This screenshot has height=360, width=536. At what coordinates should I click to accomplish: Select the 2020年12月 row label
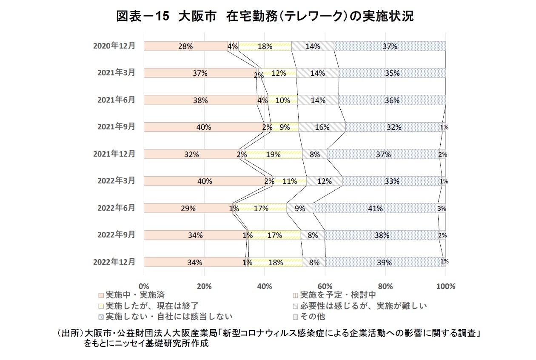pyautogui.click(x=114, y=46)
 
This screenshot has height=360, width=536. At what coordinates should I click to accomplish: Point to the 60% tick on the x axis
pyautogui.click(x=325, y=286)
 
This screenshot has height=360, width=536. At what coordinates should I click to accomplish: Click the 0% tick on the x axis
pyautogui.click(x=144, y=286)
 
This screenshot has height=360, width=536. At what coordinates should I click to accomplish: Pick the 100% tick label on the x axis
pyautogui.click(x=445, y=286)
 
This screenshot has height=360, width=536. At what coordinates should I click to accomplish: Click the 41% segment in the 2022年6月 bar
pyautogui.click(x=376, y=208)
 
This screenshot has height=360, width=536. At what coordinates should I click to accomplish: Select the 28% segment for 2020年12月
pyautogui.click(x=185, y=46)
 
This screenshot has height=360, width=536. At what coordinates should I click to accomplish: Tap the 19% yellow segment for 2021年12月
pyautogui.click(x=273, y=154)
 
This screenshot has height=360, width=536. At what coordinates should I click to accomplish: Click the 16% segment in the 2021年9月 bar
pyautogui.click(x=322, y=127)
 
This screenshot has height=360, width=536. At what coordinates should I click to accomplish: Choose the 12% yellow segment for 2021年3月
pyautogui.click(x=278, y=73)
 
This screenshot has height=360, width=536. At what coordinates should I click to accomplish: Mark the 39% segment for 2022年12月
pyautogui.click(x=384, y=262)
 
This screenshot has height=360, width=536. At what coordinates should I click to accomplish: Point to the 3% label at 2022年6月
pyautogui.click(x=442, y=209)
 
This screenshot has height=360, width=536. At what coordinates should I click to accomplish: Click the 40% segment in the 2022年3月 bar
pyautogui.click(x=204, y=181)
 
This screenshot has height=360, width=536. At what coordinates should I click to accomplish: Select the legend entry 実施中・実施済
pyautogui.click(x=132, y=294)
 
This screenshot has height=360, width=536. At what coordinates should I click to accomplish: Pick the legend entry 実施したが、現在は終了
pyautogui.click(x=151, y=306)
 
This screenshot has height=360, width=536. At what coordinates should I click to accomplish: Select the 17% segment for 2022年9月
pyautogui.click(x=274, y=235)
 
